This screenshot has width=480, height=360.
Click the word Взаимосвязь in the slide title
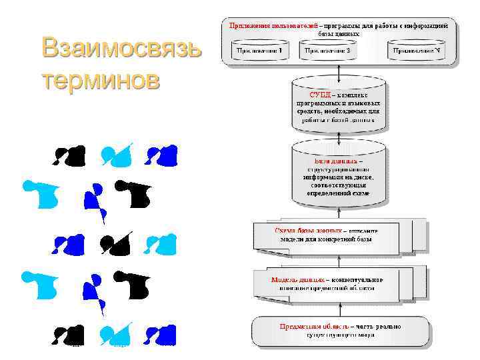coord(120,49)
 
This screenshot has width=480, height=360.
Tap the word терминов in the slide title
coord(101,79)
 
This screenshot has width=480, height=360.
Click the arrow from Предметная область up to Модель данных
coord(340,307)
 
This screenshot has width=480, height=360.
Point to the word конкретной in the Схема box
coord(353,239)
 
